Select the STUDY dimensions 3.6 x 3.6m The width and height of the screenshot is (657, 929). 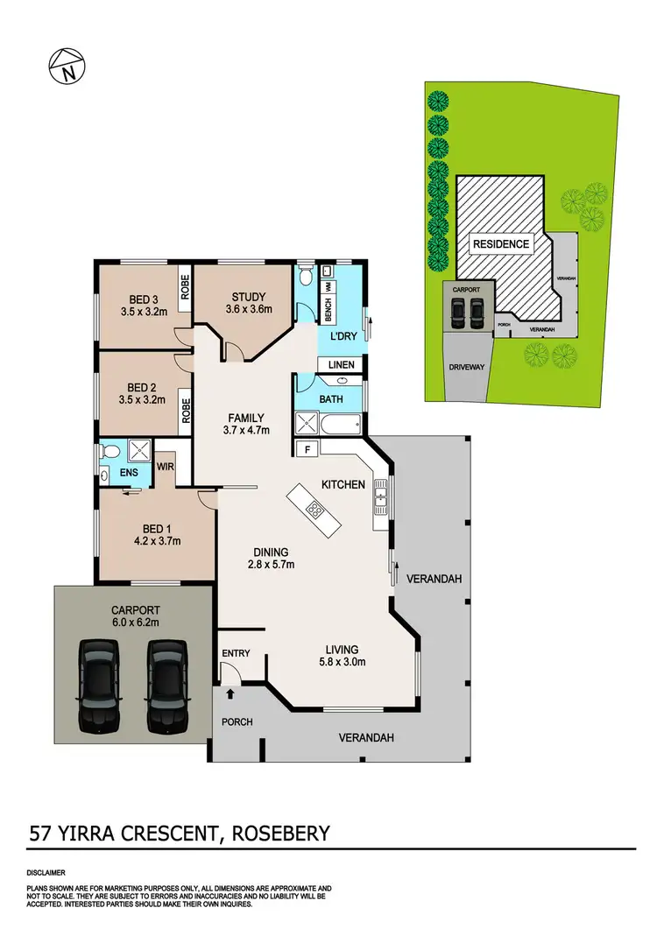pyautogui.click(x=249, y=309)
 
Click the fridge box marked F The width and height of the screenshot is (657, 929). pyautogui.click(x=307, y=450)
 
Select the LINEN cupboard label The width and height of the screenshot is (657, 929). pyautogui.click(x=342, y=364)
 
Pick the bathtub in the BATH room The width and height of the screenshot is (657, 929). pyautogui.click(x=340, y=426)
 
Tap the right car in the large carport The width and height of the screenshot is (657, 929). pyautogui.click(x=165, y=686)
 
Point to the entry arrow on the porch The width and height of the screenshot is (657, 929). pyautogui.click(x=230, y=693)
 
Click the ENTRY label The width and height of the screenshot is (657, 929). pyautogui.click(x=237, y=653)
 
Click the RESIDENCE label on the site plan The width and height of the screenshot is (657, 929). pyautogui.click(x=501, y=243)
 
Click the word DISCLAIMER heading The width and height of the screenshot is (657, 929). pyautogui.click(x=45, y=873)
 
